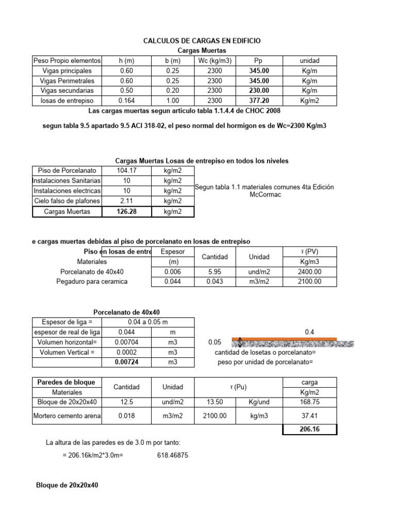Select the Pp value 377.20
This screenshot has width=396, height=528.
pyautogui.click(x=258, y=101)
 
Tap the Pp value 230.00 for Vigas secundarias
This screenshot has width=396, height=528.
pyautogui.click(x=258, y=91)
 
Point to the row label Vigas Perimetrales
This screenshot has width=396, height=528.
pyautogui.click(x=66, y=81)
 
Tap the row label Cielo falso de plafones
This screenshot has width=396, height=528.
pyautogui.click(x=66, y=201)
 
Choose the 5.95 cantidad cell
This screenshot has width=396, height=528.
pyautogui.click(x=215, y=272)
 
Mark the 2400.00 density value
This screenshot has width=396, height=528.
pyautogui.click(x=310, y=272)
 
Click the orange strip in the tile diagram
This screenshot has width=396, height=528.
pyautogui.click(x=284, y=339)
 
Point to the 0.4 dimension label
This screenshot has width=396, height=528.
pyautogui.click(x=310, y=333)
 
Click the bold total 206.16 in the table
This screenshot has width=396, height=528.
pyautogui.click(x=310, y=429)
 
